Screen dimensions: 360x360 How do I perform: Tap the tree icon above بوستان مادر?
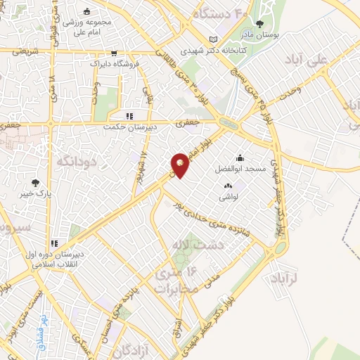tap(259, 24)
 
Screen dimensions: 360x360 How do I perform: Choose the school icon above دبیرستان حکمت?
tap(129, 116)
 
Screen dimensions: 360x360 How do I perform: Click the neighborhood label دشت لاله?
tap(196, 244)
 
